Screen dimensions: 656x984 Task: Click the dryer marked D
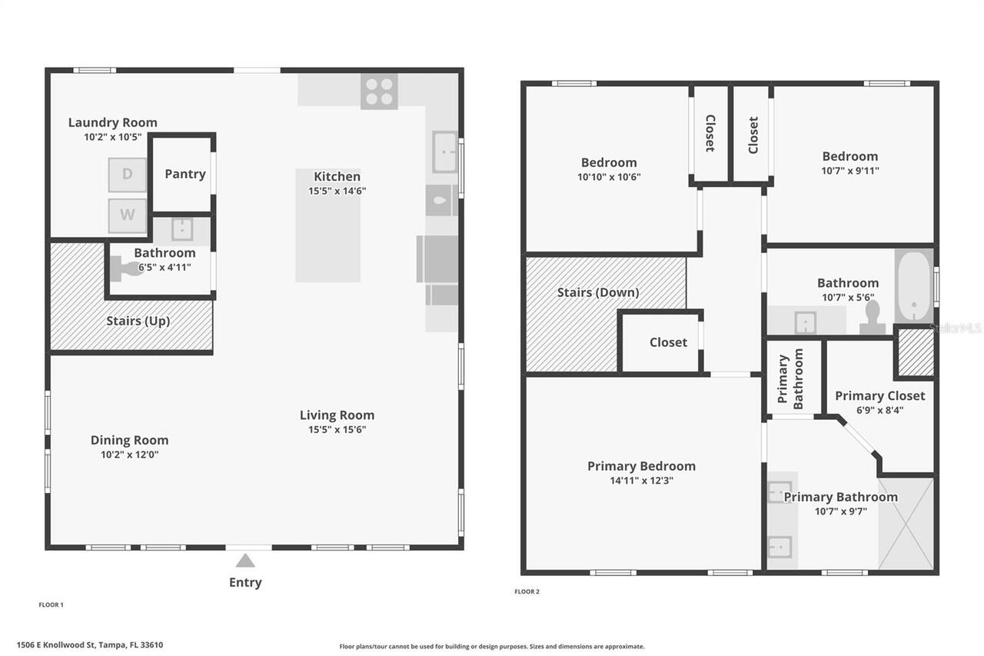[127, 175]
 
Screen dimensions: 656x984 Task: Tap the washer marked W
[127, 215]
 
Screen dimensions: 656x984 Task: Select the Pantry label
[184, 174]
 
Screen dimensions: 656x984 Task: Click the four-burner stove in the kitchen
[379, 92]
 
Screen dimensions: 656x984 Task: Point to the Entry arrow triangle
[245, 560]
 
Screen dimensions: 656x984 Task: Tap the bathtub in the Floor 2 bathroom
[913, 285]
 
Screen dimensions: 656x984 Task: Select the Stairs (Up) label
[138, 321]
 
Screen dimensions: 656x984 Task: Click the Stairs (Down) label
[597, 292]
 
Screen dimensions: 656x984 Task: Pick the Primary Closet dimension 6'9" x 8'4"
[879, 410]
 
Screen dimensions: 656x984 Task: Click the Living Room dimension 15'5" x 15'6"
[337, 429]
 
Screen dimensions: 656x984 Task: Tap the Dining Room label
[129, 440]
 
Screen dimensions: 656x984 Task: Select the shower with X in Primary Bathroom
[906, 524]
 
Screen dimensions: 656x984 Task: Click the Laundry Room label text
[112, 122]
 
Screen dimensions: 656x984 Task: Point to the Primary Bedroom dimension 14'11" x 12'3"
[641, 481]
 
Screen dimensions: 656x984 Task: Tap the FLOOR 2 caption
[527, 591]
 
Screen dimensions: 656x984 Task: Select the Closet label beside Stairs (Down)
[668, 342]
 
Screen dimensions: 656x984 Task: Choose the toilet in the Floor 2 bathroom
[873, 316]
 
